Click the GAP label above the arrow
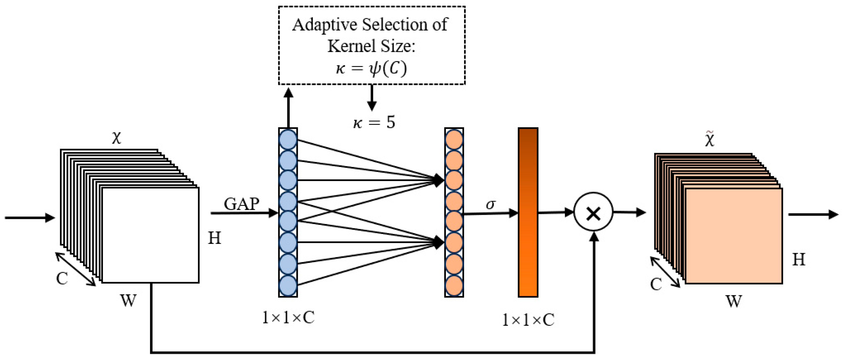tap(242, 204)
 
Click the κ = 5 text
tap(374, 123)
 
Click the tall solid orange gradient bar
tap(528, 213)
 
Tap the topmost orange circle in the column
tap(454, 139)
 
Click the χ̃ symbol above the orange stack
tap(710, 139)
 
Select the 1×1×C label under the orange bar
tap(528, 320)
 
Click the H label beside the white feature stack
tap(214, 238)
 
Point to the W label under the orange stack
tap(734, 301)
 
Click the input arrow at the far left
tap(29, 218)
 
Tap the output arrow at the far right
tap(813, 215)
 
